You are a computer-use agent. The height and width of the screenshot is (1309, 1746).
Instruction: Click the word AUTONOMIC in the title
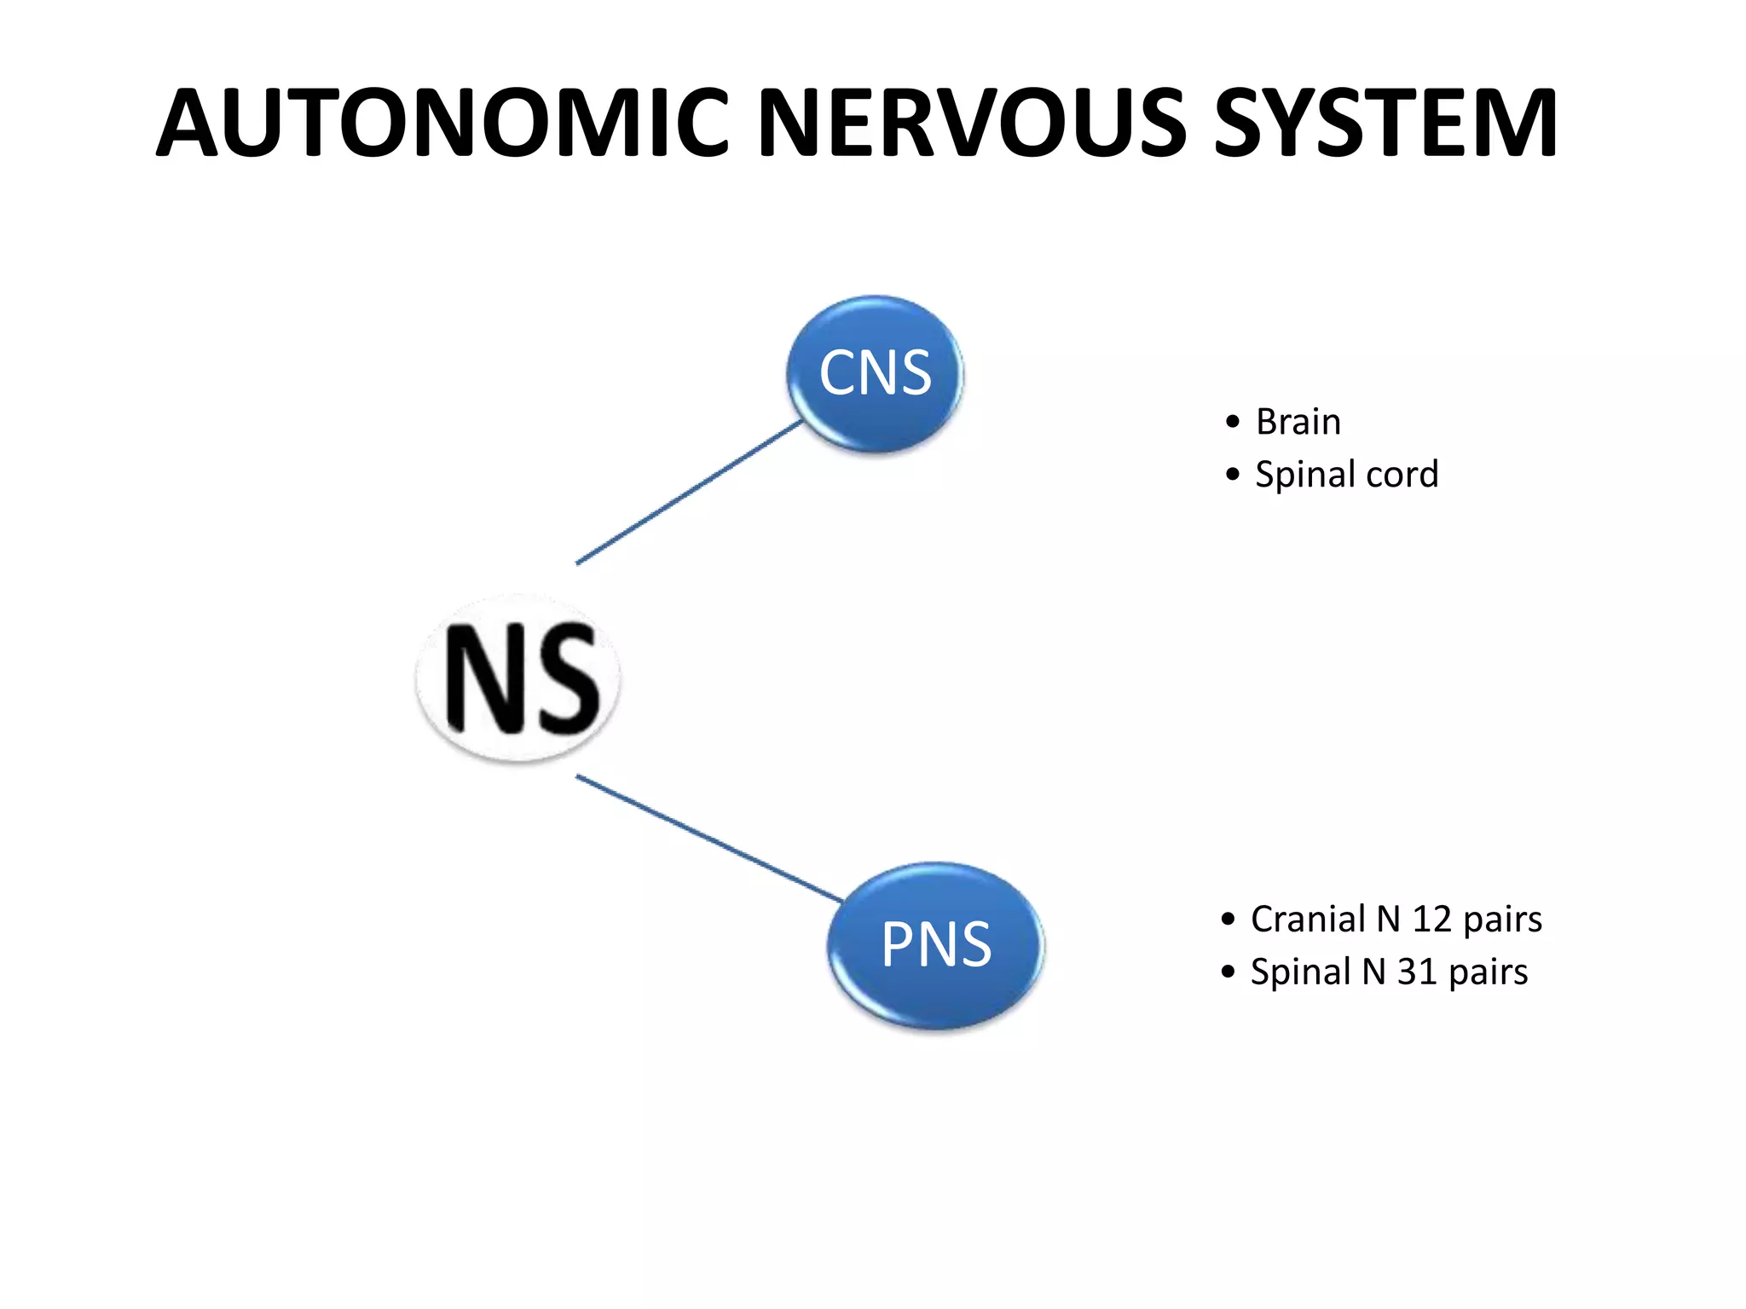[442, 124]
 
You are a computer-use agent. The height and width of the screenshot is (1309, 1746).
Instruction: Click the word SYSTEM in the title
[1385, 124]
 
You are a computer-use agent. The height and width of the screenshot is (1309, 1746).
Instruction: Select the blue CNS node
[875, 373]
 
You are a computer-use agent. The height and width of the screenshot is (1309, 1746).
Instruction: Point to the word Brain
[1298, 422]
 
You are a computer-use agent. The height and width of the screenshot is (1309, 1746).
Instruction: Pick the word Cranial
[1308, 920]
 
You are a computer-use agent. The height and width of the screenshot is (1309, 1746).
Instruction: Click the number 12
[1431, 920]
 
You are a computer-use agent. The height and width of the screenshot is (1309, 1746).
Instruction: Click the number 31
[1416, 972]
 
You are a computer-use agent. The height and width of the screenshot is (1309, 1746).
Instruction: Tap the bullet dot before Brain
[1232, 422]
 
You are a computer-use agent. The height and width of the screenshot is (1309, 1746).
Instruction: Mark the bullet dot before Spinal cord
[1232, 475]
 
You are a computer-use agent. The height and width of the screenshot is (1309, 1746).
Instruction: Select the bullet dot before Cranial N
[1228, 920]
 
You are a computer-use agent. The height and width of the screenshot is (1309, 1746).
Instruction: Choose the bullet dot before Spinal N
[1228, 972]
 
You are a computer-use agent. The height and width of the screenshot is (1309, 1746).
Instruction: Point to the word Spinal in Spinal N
[1300, 972]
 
